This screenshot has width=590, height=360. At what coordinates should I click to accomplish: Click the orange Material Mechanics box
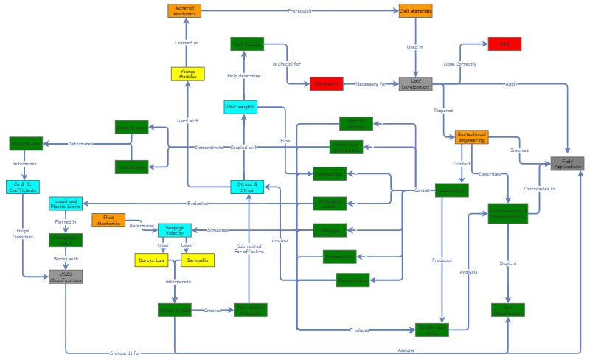click(x=184, y=10)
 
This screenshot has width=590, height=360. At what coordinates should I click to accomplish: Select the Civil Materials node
click(x=415, y=10)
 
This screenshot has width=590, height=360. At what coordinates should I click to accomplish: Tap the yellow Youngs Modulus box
click(x=187, y=74)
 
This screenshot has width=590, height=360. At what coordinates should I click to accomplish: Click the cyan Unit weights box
click(x=241, y=107)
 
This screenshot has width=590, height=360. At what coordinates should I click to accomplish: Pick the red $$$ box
click(x=504, y=44)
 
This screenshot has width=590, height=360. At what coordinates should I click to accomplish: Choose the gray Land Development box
click(x=415, y=83)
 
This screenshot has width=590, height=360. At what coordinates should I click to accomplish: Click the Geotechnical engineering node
click(x=471, y=136)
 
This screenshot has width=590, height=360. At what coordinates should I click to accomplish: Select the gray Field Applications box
click(x=567, y=164)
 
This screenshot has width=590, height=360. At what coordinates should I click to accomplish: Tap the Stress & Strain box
click(x=247, y=186)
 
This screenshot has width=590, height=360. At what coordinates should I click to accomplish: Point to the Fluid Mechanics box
click(x=108, y=220)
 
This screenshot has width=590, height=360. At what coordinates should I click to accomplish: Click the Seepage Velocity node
click(x=175, y=229)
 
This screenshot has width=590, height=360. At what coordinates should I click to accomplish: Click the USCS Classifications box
click(x=66, y=277)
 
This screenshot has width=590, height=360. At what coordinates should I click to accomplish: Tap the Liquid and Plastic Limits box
click(x=66, y=203)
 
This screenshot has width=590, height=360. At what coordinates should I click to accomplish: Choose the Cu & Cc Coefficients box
click(x=22, y=187)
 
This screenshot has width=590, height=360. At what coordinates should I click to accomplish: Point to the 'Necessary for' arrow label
click(x=370, y=84)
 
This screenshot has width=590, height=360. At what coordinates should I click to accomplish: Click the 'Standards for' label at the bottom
click(x=125, y=353)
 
